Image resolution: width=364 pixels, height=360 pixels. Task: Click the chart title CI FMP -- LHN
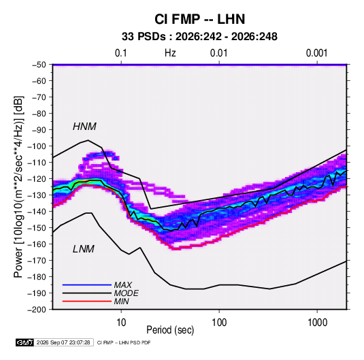[x=199, y=19]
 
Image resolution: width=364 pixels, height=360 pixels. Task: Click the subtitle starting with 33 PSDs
[x=199, y=37]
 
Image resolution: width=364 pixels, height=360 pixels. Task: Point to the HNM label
[x=84, y=127]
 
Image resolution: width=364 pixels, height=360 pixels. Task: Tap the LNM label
[x=84, y=249]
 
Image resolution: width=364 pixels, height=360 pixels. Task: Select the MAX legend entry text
[x=122, y=284]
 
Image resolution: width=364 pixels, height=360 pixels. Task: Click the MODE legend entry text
[x=127, y=293]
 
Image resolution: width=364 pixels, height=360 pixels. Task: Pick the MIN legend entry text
[x=121, y=301]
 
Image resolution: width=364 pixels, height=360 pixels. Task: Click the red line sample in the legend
[x=87, y=301]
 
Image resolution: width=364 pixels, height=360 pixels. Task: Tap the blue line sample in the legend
[x=87, y=284]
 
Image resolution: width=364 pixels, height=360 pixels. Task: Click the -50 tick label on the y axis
[x=39, y=65]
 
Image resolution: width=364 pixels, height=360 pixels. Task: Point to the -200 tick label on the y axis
[x=37, y=310]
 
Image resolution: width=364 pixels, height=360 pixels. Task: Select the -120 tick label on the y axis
[x=37, y=179]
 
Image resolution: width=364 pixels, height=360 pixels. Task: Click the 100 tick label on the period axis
[x=219, y=323]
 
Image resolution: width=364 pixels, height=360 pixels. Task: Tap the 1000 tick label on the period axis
[x=317, y=323]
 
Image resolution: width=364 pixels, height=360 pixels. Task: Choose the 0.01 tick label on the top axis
[x=218, y=53]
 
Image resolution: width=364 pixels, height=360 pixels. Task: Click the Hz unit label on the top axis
[x=170, y=53]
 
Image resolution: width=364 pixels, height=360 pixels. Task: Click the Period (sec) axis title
[x=170, y=330]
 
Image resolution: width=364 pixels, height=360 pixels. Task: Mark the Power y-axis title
[x=18, y=187]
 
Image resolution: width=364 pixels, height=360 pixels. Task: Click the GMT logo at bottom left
[x=24, y=342]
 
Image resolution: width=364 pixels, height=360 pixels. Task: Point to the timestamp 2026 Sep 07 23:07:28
[x=63, y=342]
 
